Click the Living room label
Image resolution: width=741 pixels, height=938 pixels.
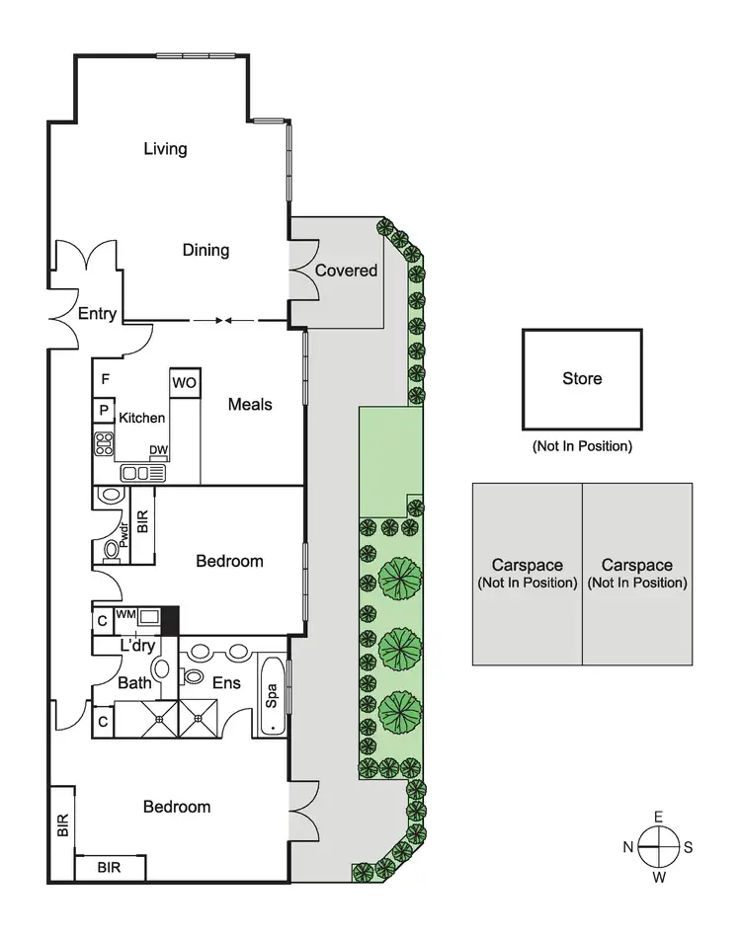(x=165, y=149)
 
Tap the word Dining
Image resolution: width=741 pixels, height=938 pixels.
(x=206, y=250)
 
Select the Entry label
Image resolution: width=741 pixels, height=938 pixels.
(x=97, y=314)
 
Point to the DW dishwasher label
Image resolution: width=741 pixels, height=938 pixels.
(x=157, y=450)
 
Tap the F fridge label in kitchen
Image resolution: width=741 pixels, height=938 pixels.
(x=104, y=378)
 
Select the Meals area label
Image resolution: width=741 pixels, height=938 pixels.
(x=250, y=404)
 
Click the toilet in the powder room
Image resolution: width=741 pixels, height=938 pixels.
(x=111, y=550)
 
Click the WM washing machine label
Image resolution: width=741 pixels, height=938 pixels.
(x=125, y=614)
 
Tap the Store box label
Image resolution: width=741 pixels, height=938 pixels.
(x=582, y=378)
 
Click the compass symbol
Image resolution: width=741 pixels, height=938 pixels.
(x=658, y=846)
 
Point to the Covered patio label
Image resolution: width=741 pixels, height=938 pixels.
(x=346, y=270)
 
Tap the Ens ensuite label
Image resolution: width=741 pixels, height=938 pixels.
(x=226, y=681)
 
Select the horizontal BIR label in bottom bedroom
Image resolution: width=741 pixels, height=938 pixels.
(x=111, y=868)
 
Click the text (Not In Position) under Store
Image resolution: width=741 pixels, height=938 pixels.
(x=582, y=446)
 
